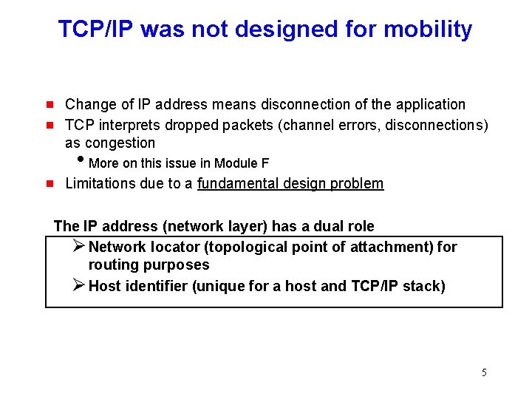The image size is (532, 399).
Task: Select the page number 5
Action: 484,372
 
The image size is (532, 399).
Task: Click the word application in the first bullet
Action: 431,105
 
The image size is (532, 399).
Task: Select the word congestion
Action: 120,143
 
